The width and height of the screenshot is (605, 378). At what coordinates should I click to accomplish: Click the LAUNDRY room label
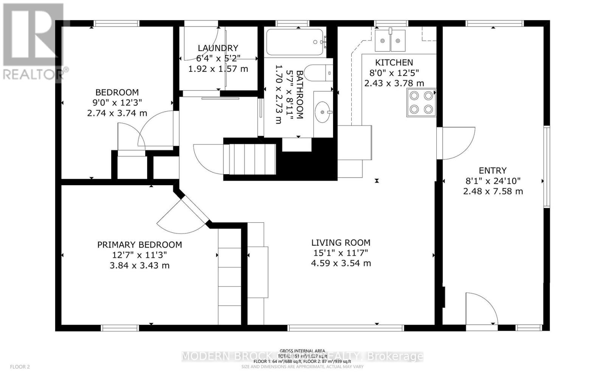pyautogui.click(x=218, y=48)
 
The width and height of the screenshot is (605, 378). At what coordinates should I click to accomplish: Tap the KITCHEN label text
pyautogui.click(x=394, y=62)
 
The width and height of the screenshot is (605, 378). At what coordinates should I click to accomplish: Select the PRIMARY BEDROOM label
pyautogui.click(x=140, y=245)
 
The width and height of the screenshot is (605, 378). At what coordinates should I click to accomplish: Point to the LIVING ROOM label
pyautogui.click(x=341, y=243)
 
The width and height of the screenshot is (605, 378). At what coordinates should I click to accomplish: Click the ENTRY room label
pyautogui.click(x=492, y=170)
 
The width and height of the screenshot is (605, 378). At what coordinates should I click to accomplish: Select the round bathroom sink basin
pyautogui.click(x=322, y=112)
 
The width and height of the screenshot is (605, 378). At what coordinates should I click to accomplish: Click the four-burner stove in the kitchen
pyautogui.click(x=421, y=102)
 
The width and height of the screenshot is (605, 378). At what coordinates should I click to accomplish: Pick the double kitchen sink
pyautogui.click(x=390, y=40)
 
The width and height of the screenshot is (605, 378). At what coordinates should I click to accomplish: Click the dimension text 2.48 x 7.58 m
pyautogui.click(x=493, y=191)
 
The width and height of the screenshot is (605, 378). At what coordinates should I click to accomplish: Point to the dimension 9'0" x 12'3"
pyautogui.click(x=117, y=102)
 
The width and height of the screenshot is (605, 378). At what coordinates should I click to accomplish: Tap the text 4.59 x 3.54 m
pyautogui.click(x=341, y=263)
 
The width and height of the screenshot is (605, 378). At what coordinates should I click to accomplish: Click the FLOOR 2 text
pyautogui.click(x=20, y=367)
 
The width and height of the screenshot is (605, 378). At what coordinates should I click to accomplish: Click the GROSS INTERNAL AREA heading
pyautogui.click(x=302, y=351)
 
